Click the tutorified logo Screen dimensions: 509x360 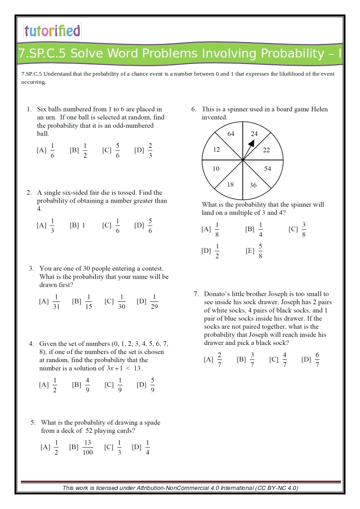point(52,31)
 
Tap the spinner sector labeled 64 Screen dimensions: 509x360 point(231,134)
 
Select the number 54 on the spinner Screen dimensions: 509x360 point(268,169)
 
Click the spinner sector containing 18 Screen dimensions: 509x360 point(230,184)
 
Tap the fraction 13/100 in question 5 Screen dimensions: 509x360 point(88,447)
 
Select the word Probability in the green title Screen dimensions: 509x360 point(296,54)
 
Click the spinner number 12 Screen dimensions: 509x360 point(216,150)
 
